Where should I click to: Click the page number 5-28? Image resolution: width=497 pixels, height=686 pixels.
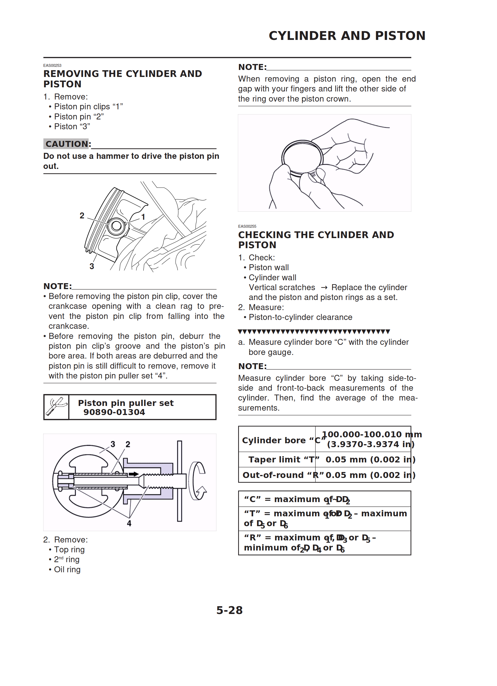(229, 610)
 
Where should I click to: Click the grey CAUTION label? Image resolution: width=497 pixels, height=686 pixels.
(67, 144)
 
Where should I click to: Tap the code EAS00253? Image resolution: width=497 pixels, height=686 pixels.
(52, 65)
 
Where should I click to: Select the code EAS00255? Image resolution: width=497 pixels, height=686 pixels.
(247, 226)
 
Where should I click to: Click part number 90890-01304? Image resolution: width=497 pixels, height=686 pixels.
(114, 412)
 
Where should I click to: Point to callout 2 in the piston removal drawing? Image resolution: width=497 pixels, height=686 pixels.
(82, 215)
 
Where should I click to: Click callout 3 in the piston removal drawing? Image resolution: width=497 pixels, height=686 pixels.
(92, 266)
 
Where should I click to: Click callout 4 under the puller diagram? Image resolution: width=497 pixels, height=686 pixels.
(129, 523)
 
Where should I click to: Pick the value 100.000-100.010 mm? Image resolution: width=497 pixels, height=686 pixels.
(371, 434)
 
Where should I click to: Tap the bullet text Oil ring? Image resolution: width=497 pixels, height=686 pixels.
(67, 569)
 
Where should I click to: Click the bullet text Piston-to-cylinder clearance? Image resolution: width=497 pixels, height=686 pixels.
(300, 317)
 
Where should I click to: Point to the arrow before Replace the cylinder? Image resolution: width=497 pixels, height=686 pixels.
(324, 287)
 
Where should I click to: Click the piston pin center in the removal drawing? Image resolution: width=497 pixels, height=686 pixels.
(116, 226)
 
